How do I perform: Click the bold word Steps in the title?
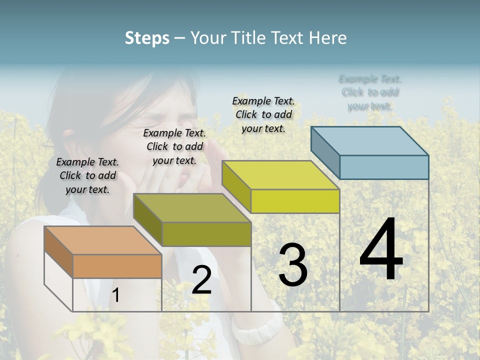click(x=147, y=38)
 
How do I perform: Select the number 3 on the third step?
click(x=292, y=265)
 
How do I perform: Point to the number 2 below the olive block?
click(x=201, y=280)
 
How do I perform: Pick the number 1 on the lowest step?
click(x=115, y=295)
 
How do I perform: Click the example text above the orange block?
click(x=87, y=175)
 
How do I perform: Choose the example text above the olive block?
click(x=174, y=146)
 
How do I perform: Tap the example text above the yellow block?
click(x=263, y=114)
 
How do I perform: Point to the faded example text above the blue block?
click(x=370, y=92)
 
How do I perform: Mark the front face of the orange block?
click(x=117, y=266)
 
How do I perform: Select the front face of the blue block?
click(x=384, y=167)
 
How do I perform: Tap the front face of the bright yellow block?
click(x=295, y=201)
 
